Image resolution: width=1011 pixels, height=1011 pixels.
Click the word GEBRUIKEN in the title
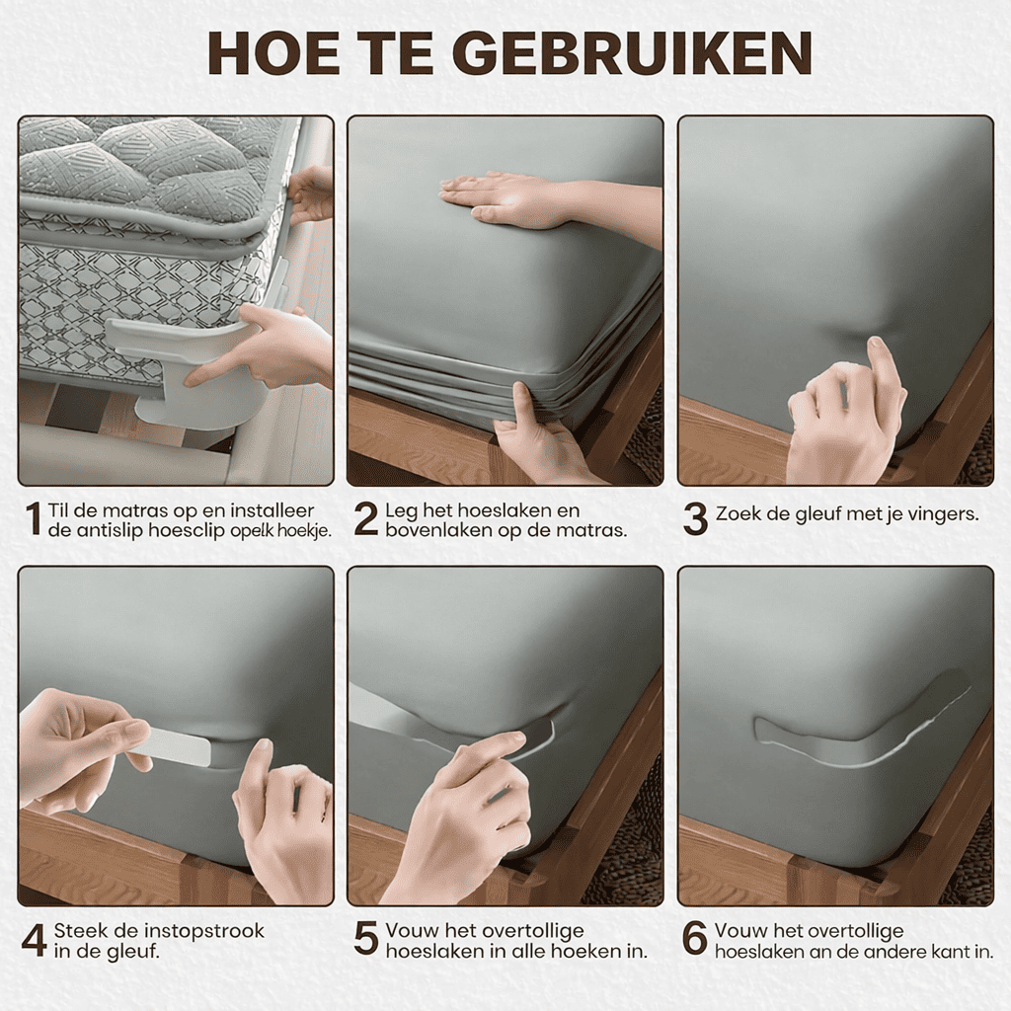(x=636, y=52)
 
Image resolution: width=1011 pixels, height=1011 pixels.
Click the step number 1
(x=33, y=519)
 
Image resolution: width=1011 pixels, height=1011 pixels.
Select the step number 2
(x=365, y=519)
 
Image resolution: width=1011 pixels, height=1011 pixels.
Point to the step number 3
(x=695, y=519)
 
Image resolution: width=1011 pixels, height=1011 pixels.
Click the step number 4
(x=35, y=941)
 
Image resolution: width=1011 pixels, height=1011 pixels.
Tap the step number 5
(x=365, y=940)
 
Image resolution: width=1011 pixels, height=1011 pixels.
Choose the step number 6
(x=695, y=940)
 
